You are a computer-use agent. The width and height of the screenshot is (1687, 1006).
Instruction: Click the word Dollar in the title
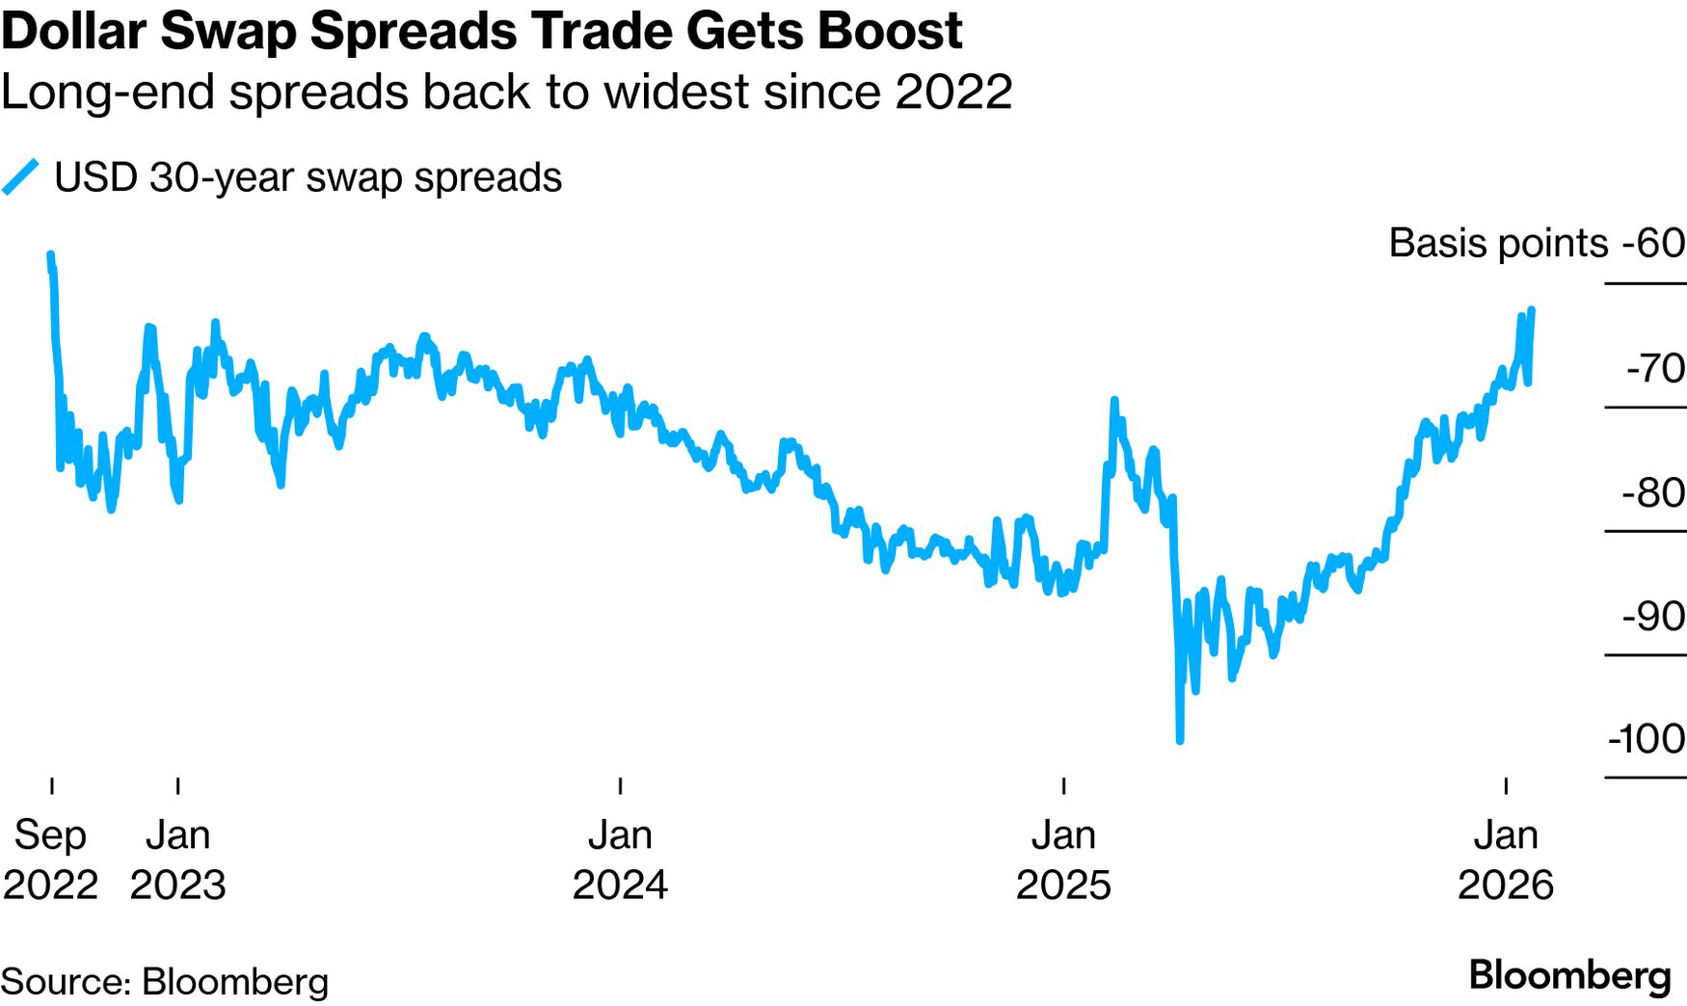click(x=74, y=31)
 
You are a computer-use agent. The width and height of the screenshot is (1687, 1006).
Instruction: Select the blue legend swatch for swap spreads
click(x=20, y=177)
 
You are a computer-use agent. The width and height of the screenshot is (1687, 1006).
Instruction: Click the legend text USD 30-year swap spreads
click(x=308, y=177)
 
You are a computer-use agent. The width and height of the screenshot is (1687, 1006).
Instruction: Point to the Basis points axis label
click(x=1497, y=243)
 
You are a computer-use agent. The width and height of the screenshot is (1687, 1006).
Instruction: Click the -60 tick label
click(x=1652, y=243)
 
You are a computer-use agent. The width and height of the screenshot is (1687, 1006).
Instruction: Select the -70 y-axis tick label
click(x=1654, y=368)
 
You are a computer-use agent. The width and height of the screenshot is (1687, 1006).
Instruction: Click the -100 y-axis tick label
click(x=1646, y=739)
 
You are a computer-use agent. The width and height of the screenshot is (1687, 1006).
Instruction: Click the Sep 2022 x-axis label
click(x=50, y=860)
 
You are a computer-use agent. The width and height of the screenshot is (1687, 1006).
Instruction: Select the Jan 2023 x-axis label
click(x=177, y=860)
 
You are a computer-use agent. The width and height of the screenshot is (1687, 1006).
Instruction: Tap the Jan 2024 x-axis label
click(x=620, y=860)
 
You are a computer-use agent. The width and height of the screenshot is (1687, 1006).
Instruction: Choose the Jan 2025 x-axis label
click(x=1063, y=860)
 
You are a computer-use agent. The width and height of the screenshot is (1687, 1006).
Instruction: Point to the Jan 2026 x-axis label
click(x=1505, y=860)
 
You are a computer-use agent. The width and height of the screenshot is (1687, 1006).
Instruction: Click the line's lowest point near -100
click(x=1180, y=740)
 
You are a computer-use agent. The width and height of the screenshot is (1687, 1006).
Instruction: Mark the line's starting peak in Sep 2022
click(x=50, y=255)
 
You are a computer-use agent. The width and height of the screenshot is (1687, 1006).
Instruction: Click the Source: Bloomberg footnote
click(x=165, y=982)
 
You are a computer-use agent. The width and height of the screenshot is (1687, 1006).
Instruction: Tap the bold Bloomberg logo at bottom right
click(x=1569, y=975)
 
